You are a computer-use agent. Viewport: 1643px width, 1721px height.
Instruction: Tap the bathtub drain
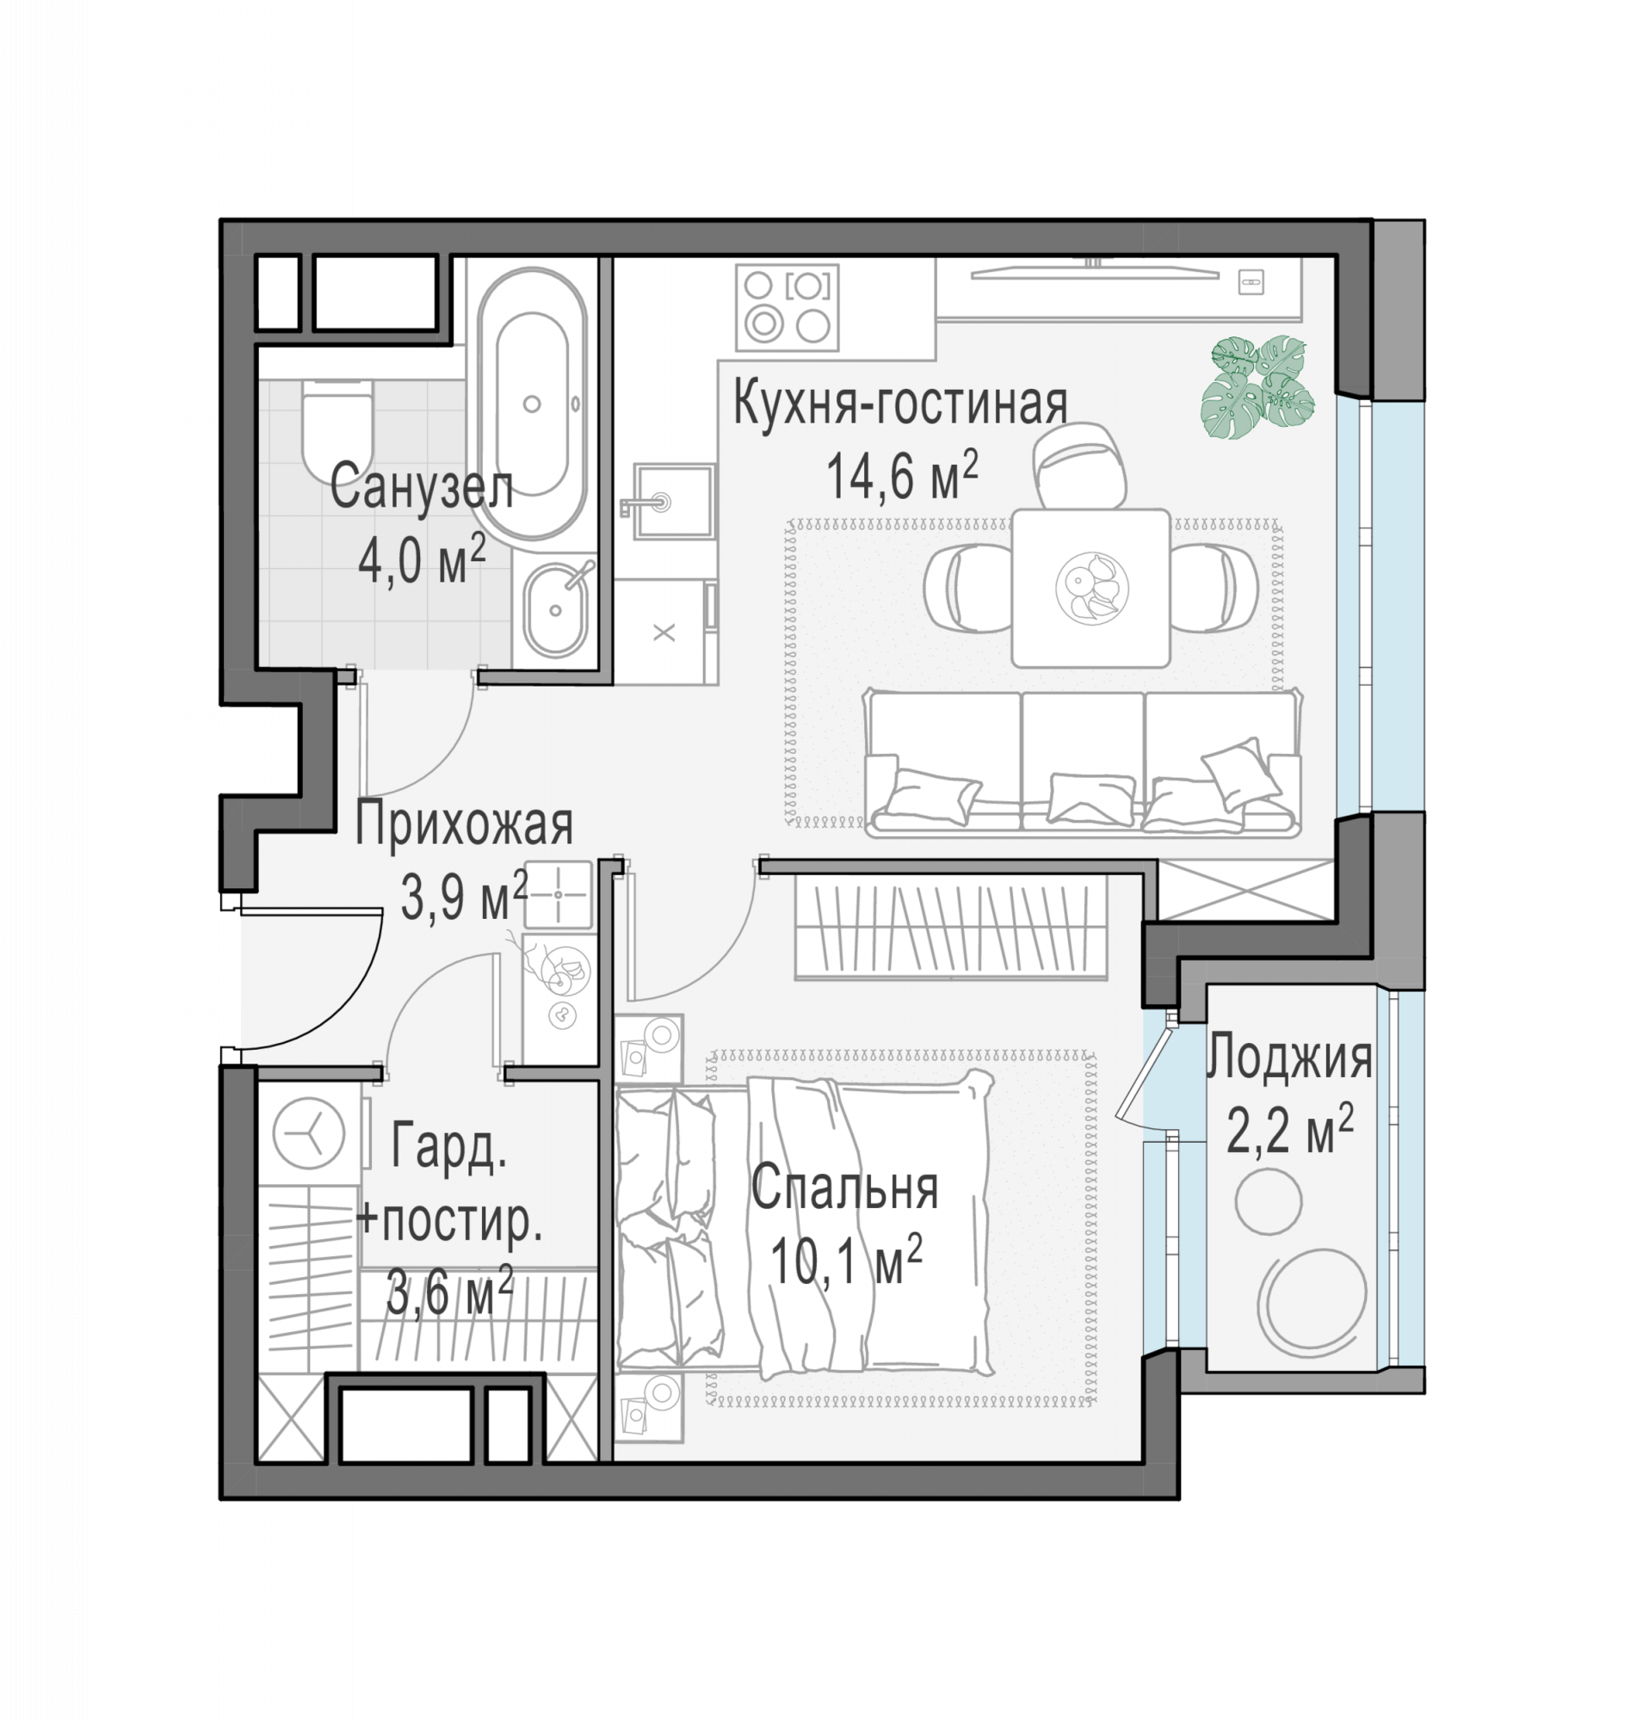click(532, 404)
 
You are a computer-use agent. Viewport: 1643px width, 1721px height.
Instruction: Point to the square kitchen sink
click(674, 501)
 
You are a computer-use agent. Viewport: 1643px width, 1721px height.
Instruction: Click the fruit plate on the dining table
click(1091, 586)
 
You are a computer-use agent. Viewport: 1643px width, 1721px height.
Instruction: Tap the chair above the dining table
click(1079, 466)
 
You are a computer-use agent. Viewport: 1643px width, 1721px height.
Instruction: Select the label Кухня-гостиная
click(900, 404)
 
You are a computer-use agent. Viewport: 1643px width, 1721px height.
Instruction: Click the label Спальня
click(844, 1188)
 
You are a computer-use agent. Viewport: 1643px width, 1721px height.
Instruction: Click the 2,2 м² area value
click(1290, 1132)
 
